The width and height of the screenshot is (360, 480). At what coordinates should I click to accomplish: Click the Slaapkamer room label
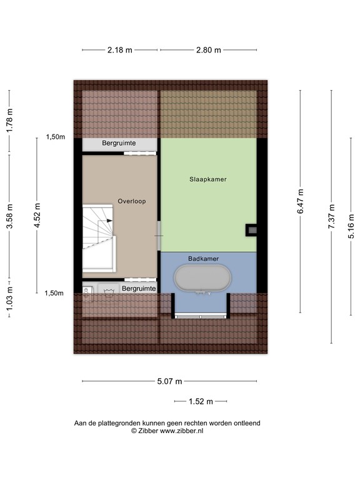click(208, 179)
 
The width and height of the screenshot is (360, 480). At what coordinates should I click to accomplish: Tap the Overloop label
click(131, 201)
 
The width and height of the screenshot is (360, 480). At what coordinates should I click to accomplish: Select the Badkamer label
click(203, 258)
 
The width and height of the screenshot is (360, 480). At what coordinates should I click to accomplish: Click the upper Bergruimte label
click(119, 144)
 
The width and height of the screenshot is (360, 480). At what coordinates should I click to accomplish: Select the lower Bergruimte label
click(139, 289)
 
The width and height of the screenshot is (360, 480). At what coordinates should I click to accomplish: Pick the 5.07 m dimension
click(169, 382)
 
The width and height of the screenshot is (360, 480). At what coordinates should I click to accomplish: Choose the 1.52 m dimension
click(201, 402)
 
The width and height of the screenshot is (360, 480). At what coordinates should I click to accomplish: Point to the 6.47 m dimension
click(301, 202)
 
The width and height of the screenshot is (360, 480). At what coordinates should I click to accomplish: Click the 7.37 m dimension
click(331, 216)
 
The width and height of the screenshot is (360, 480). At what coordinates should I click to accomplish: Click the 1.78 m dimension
click(9, 121)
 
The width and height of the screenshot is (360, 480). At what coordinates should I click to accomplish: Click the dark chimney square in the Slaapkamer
click(252, 229)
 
